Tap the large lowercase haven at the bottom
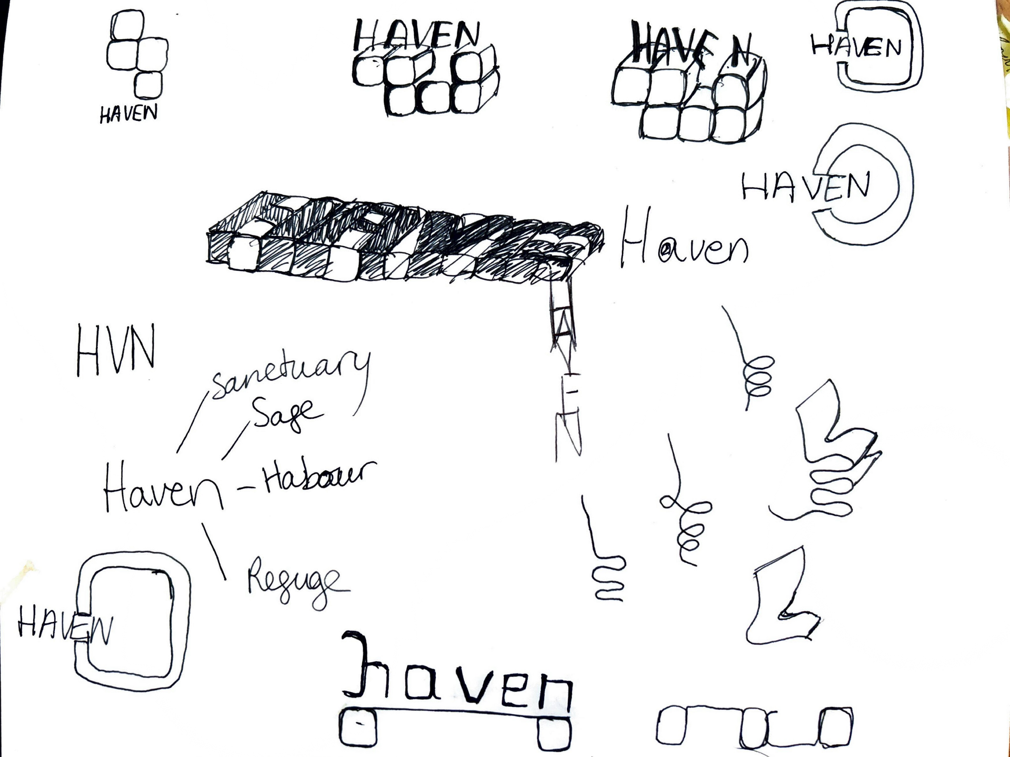point(457,676)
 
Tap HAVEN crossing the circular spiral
point(806,185)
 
